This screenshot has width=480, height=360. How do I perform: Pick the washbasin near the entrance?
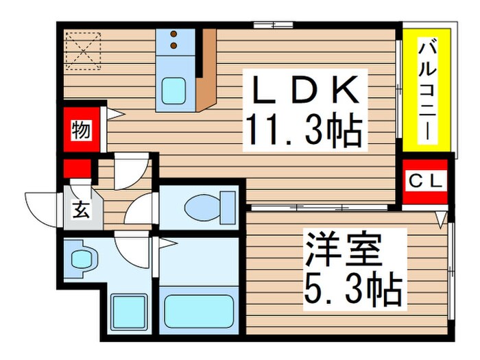click(x=82, y=259)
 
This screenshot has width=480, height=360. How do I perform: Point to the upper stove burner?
click(x=173, y=33)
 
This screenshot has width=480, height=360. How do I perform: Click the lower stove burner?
click(x=173, y=45)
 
